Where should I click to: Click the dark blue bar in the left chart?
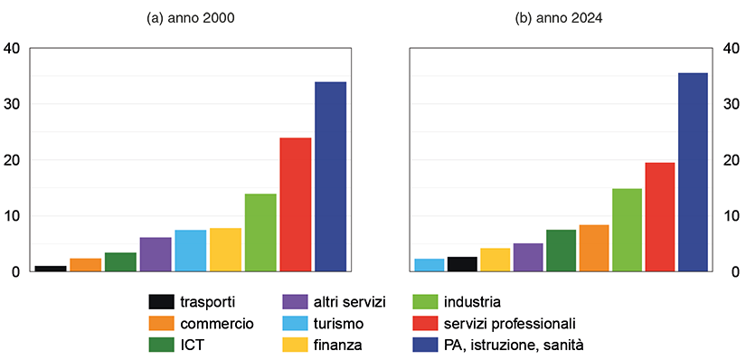coord(330,176)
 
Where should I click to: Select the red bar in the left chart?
coord(295,204)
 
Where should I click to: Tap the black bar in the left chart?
coord(51,269)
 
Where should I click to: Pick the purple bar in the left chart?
coord(156,254)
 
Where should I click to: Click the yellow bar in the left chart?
coord(225,250)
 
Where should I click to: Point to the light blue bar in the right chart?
coord(430,265)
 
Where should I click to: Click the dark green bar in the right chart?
coord(561,251)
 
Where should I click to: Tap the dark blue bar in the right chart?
coord(693,172)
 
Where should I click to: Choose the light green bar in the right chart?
coord(627,230)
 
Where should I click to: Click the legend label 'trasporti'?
coord(208,301)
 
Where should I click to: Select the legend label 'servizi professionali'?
coord(510,323)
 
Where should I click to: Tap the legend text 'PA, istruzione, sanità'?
coord(515,345)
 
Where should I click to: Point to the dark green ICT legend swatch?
coord(162,345)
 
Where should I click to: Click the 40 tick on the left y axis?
coord(12,49)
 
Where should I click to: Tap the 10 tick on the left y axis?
coord(12,216)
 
